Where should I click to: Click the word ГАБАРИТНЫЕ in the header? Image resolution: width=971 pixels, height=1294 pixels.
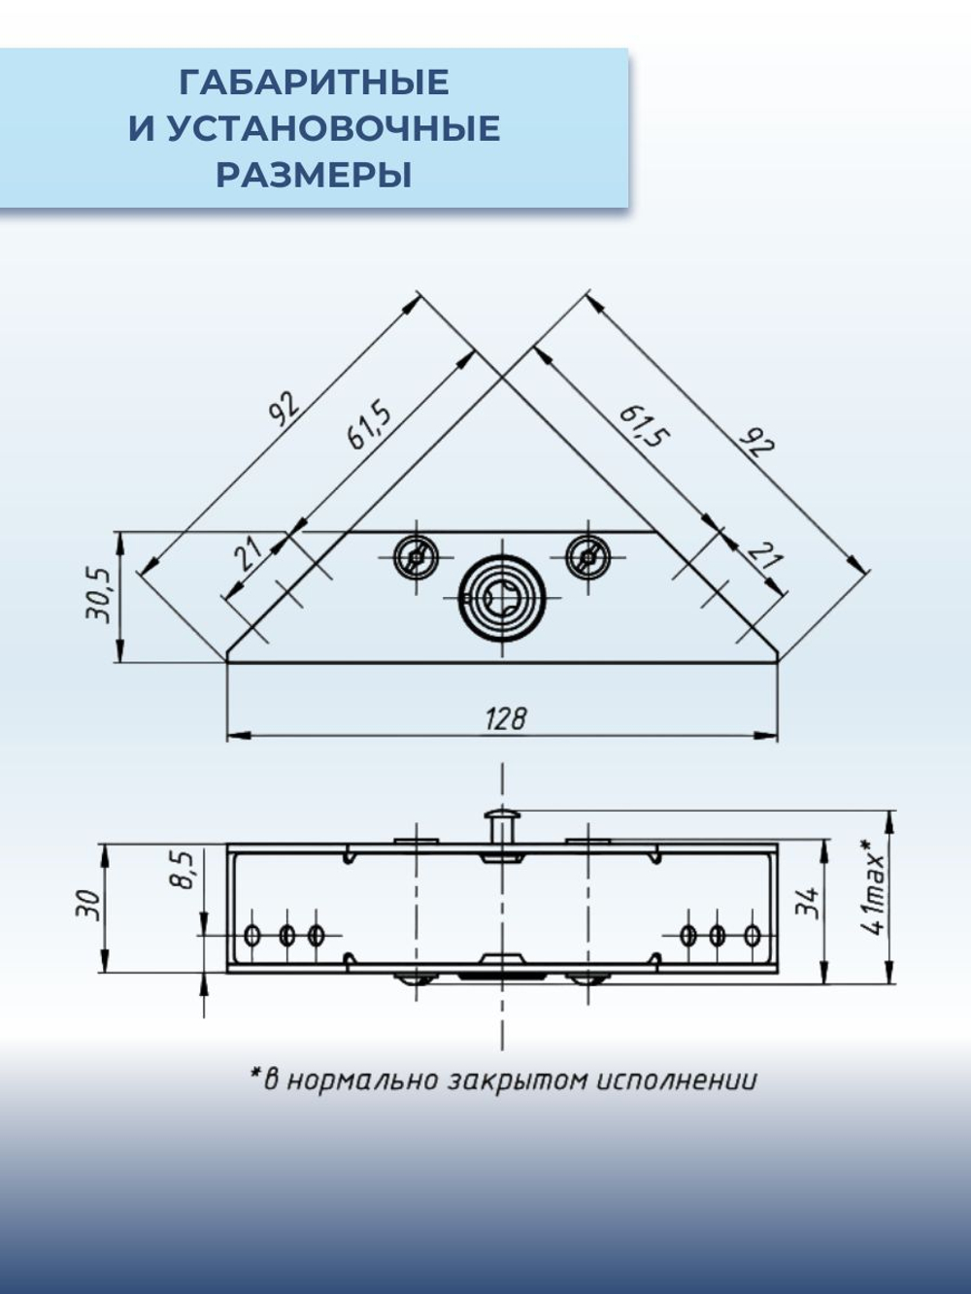314,83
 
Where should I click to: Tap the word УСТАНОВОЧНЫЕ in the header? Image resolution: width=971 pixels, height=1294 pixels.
333,129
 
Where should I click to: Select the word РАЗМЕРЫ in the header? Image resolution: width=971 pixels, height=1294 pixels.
314,176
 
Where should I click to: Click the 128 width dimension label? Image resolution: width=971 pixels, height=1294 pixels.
505,718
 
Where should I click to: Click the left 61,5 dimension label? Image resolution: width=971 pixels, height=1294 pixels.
369,425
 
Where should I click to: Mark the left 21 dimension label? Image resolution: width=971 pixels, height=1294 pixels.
249,554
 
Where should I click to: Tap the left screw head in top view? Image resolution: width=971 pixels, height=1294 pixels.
416,557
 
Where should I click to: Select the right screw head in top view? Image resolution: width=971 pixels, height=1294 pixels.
588,557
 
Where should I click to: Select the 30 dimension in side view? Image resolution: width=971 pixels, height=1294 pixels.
87,905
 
